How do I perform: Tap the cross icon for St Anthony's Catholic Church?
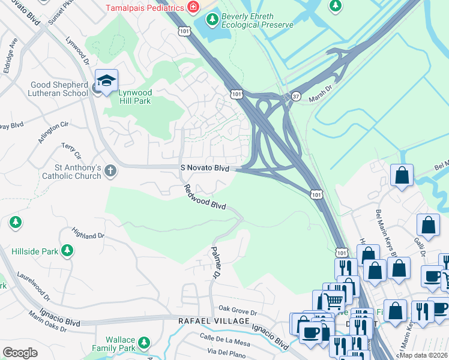[110, 170]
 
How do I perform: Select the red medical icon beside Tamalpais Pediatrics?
[193, 8]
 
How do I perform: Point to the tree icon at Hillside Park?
[67, 250]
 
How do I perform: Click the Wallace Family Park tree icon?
[143, 343]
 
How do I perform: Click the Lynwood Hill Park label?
[127, 97]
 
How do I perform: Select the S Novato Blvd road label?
[205, 169]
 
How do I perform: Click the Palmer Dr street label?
[214, 263]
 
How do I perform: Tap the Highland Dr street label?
[88, 232]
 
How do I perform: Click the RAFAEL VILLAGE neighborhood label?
[214, 322]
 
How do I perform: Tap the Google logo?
[20, 352]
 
